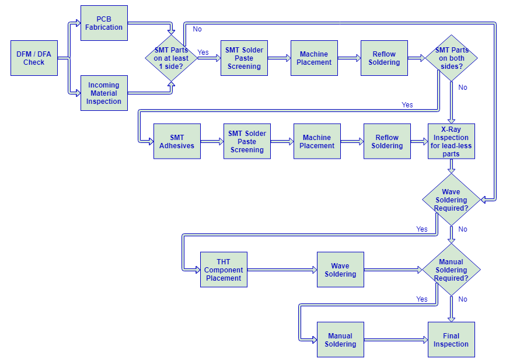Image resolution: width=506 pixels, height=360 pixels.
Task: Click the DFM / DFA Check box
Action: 34,58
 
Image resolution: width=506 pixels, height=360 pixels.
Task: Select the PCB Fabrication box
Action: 104,23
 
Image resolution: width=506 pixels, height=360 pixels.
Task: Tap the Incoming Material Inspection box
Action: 104,93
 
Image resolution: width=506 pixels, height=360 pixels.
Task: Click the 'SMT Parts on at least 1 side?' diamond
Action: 171,58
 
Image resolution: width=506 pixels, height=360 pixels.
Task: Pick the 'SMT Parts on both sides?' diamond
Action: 451,58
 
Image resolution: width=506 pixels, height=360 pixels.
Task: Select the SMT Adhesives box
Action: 177,141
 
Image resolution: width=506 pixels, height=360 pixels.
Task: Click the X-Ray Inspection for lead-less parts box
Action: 451,141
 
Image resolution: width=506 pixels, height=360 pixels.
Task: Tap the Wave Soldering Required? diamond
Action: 451,200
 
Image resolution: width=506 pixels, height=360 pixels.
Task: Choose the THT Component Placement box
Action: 224,270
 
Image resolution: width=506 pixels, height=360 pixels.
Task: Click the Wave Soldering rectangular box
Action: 340,270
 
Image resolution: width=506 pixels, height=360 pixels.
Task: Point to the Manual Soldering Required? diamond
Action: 451,270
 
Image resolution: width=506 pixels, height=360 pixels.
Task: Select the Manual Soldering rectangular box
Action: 340,340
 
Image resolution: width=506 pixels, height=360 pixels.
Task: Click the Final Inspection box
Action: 451,340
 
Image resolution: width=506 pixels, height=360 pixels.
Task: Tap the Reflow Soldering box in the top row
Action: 384,58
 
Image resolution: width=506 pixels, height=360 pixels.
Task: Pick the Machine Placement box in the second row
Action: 317,141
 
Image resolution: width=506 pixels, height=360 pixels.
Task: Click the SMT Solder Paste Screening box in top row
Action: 244,58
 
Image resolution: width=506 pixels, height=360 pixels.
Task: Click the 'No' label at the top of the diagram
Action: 197,29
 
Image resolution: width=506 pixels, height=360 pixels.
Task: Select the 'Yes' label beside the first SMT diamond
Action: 203,53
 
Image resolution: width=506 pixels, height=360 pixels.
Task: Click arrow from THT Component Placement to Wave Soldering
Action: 282,270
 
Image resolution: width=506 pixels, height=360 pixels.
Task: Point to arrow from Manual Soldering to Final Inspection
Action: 396,340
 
